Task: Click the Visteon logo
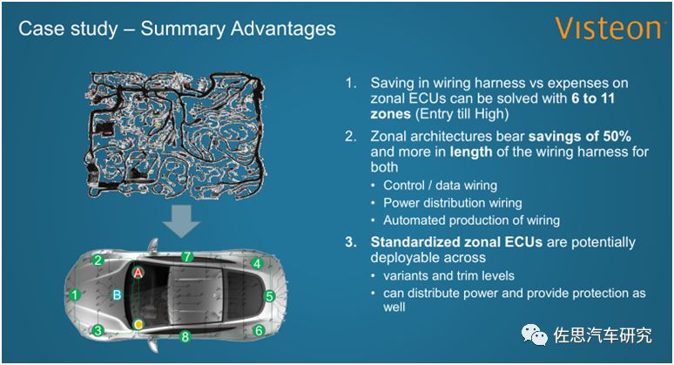[607, 29]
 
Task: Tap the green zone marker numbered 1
[75, 295]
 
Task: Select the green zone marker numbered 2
[98, 260]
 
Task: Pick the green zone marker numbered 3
[98, 330]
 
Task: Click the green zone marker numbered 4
[257, 264]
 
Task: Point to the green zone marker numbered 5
[270, 296]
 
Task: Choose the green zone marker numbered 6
[259, 330]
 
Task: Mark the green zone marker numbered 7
[186, 257]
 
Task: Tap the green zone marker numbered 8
[185, 336]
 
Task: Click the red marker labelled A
[138, 273]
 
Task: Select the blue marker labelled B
[117, 295]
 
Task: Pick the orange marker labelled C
[138, 324]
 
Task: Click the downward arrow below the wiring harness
[181, 221]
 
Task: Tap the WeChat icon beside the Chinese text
[535, 335]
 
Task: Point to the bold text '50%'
[617, 136]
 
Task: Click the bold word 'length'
[471, 152]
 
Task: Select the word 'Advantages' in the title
[283, 29]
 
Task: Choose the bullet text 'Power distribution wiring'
[453, 202]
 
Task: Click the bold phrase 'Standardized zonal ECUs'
[456, 242]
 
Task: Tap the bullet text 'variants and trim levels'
[448, 275]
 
